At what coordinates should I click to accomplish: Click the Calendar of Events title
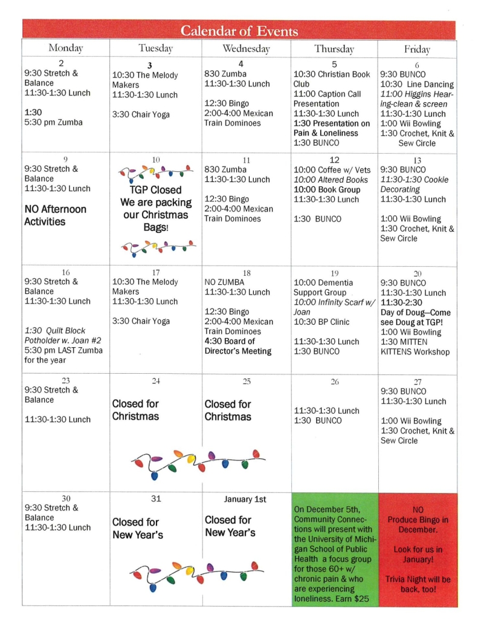[x=239, y=31]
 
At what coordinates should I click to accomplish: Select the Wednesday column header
[x=245, y=48]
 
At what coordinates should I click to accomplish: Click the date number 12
[x=334, y=160]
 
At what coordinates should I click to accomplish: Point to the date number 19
[x=334, y=273]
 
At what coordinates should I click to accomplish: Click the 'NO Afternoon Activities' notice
[x=55, y=215]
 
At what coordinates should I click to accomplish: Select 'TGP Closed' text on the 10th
[x=155, y=189]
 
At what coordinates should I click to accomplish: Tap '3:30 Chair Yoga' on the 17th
[x=141, y=321]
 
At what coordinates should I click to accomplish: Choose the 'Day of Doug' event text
[x=416, y=313]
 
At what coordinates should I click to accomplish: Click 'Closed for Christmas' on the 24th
[x=135, y=410]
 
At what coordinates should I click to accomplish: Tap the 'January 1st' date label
[x=245, y=499]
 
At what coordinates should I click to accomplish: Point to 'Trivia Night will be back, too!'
[x=418, y=584]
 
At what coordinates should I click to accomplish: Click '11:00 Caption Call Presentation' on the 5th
[x=327, y=99]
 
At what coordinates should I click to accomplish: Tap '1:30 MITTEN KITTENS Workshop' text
[x=415, y=347]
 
